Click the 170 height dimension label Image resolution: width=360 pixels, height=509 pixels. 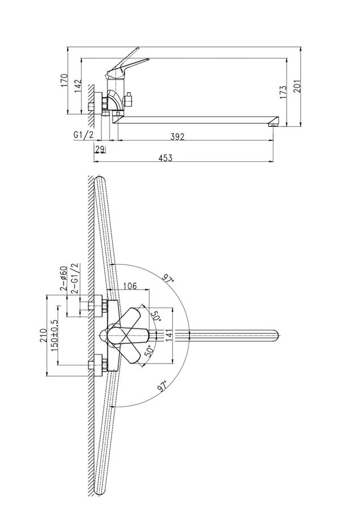(x=65, y=80)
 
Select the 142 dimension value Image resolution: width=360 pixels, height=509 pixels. (x=78, y=86)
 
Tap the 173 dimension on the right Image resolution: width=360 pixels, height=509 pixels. (x=283, y=92)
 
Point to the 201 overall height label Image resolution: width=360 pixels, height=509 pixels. (x=298, y=86)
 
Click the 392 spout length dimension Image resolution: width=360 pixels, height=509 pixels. (x=177, y=137)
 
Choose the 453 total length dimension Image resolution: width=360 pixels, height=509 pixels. (x=166, y=158)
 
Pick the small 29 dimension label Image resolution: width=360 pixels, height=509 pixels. (x=100, y=149)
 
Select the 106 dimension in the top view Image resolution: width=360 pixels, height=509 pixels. (x=130, y=286)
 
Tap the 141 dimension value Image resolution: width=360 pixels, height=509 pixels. (x=168, y=335)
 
